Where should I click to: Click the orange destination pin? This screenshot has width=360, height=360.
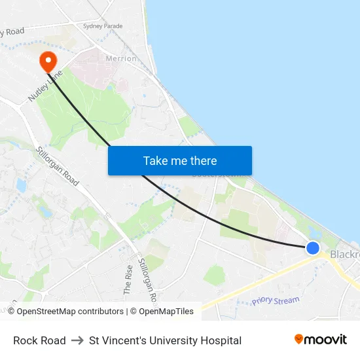click(48, 62)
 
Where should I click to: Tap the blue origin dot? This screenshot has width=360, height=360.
click(313, 248)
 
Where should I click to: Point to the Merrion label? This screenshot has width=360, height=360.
click(122, 58)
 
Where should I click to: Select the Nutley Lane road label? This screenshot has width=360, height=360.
click(44, 85)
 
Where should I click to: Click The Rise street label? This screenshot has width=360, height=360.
click(128, 278)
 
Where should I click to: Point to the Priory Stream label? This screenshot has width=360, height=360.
click(276, 300)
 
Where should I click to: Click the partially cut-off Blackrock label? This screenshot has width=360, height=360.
click(344, 254)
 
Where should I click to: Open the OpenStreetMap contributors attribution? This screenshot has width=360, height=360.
click(65, 312)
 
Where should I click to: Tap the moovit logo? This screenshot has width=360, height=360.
click(320, 340)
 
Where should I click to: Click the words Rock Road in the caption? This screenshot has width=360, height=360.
click(39, 340)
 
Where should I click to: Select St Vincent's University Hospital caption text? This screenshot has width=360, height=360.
click(165, 340)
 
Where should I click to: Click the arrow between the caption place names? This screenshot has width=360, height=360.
click(77, 340)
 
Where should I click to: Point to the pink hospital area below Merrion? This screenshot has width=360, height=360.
click(98, 72)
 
